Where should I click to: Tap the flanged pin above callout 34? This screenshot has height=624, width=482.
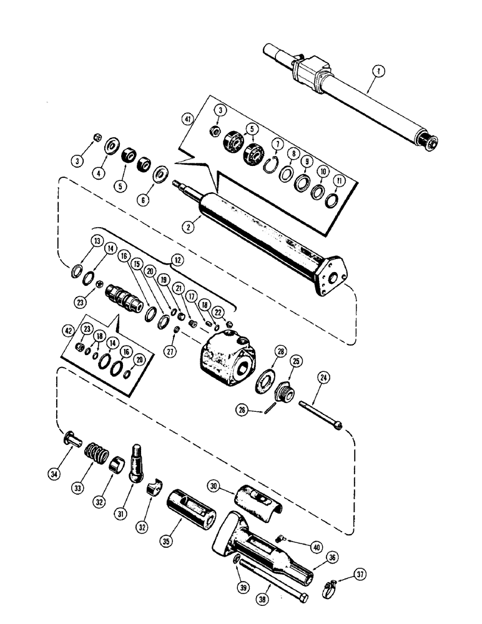(x=73, y=440)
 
